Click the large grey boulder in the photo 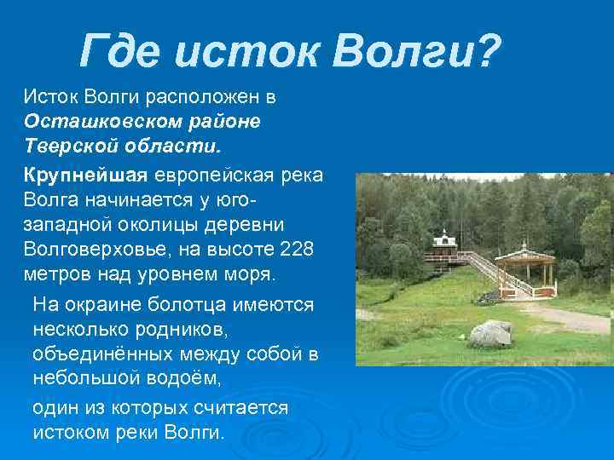coord(490,332)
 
